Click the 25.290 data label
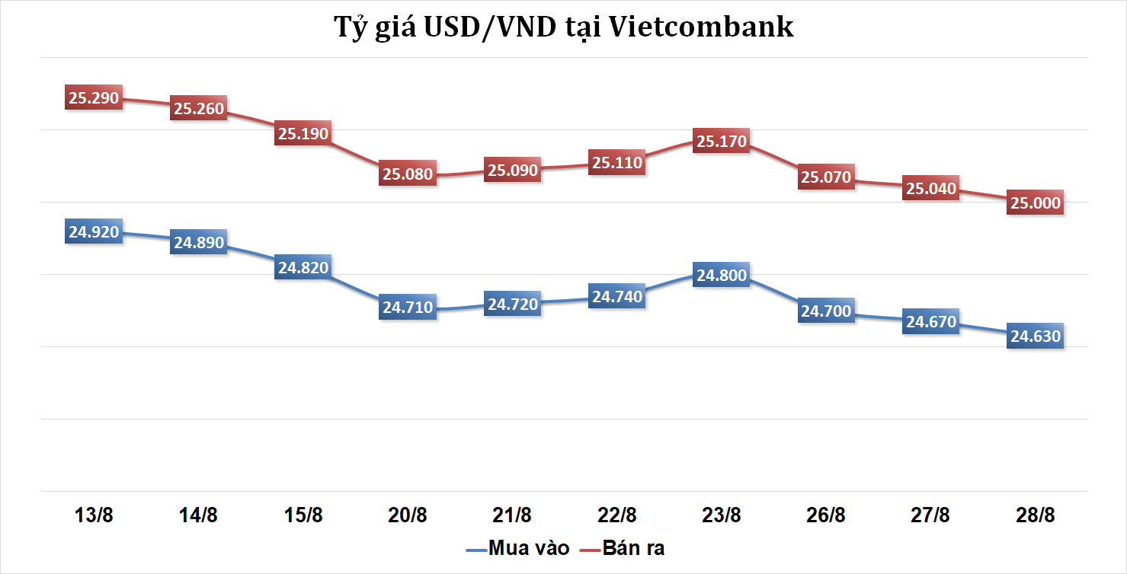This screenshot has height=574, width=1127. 94,98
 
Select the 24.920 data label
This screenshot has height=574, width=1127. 94,232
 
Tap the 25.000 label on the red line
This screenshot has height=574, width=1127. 1035,202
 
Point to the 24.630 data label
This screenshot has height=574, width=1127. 1035,336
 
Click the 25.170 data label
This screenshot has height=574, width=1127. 722,141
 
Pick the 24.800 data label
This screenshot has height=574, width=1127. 722,276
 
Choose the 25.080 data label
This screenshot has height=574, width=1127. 408,174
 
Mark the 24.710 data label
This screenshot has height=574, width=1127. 408,308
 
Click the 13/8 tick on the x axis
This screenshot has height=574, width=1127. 94,515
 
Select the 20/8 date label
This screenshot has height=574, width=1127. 408,515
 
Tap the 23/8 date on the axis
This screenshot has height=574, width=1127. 722,515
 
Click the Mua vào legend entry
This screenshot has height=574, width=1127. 518,548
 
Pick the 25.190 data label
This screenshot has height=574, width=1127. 303,134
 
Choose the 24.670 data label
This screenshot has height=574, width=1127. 930,322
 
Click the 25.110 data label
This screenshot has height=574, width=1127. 617,162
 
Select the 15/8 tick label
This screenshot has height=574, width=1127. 303,515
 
